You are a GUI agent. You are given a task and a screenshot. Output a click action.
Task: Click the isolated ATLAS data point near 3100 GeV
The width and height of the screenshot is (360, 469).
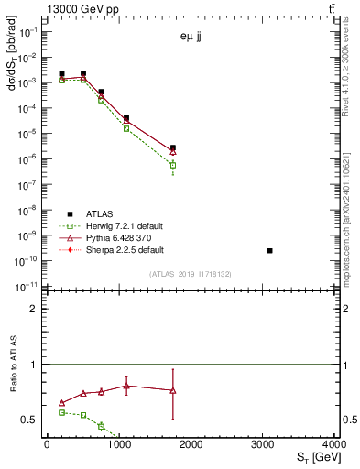pos(269,250)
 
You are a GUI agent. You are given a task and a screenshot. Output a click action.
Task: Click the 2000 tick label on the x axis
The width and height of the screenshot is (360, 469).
pos(191,444)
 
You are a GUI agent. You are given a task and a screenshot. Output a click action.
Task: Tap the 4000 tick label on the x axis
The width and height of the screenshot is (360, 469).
pos(335,444)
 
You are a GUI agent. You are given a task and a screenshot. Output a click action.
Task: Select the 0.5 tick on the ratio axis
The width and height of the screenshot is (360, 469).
pos(29,420)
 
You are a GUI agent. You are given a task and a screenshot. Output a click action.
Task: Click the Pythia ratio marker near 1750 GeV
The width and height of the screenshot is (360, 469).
pos(172,390)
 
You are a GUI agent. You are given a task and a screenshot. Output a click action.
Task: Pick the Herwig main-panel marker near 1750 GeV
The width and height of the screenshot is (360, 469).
pos(172,166)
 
